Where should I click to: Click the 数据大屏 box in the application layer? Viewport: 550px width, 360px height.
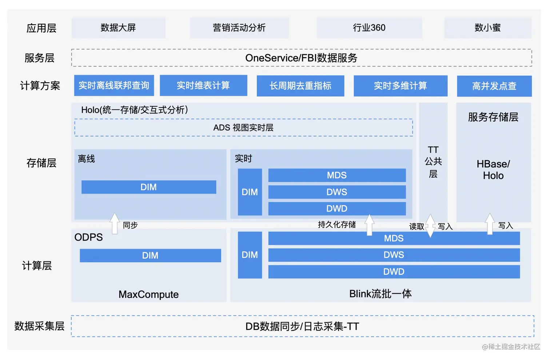pyautogui.click(x=118, y=28)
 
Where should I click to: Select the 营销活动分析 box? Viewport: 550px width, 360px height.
pyautogui.click(x=239, y=28)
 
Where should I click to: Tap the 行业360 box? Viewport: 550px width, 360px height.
pyautogui.click(x=369, y=28)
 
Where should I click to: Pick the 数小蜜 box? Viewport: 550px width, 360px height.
pyautogui.click(x=487, y=28)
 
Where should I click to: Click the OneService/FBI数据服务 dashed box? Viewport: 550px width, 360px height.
pyautogui.click(x=301, y=58)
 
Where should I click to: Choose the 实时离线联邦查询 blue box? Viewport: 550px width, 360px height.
pyautogui.click(x=114, y=86)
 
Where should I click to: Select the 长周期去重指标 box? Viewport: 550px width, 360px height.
pyautogui.click(x=300, y=86)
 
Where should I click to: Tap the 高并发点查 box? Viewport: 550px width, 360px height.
pyautogui.click(x=494, y=86)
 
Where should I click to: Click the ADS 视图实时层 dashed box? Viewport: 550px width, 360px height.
pyautogui.click(x=243, y=127)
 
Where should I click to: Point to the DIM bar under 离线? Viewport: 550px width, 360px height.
pyautogui.click(x=148, y=187)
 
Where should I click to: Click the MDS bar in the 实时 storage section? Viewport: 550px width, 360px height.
pyautogui.click(x=336, y=175)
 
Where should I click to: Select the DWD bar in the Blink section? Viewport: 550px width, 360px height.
pyautogui.click(x=394, y=272)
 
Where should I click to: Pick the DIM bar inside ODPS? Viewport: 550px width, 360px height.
pyautogui.click(x=150, y=256)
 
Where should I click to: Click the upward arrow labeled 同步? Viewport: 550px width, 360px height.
pyautogui.click(x=115, y=223)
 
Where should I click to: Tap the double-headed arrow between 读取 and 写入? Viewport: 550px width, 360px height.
pyautogui.click(x=430, y=226)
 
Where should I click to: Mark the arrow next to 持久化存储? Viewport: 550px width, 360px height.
pyautogui.click(x=370, y=225)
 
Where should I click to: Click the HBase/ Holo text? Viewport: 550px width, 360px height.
pyautogui.click(x=493, y=170)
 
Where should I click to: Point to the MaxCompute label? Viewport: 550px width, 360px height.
pyautogui.click(x=148, y=294)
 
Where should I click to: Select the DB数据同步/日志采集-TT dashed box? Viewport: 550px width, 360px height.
pyautogui.click(x=302, y=326)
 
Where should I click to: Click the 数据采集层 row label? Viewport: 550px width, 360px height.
pyautogui.click(x=39, y=326)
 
